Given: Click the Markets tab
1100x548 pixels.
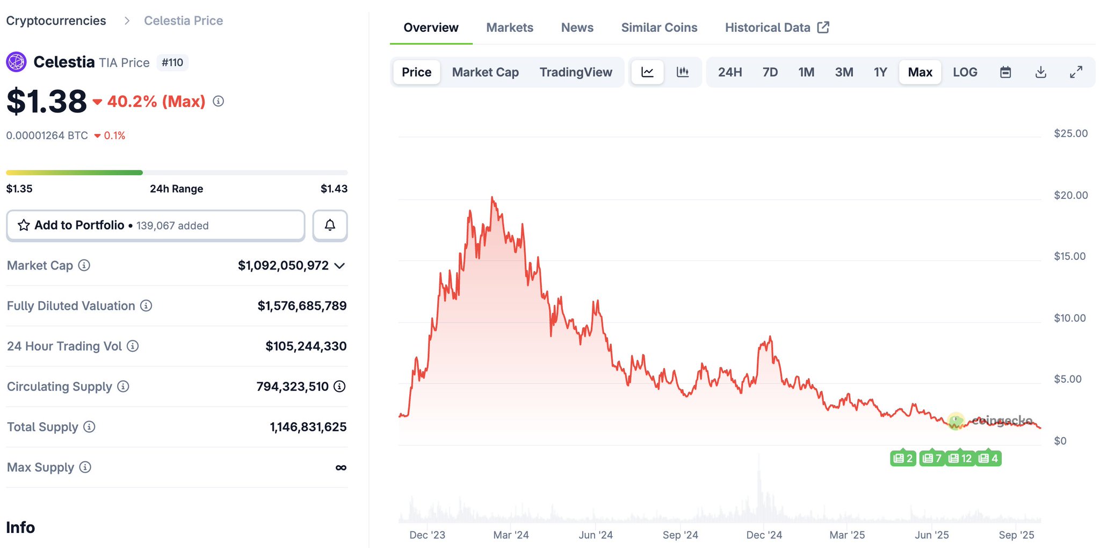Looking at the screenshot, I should tap(509, 27).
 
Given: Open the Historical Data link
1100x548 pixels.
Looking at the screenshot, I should tap(777, 27).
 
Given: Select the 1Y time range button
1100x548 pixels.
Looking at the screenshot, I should tap(880, 72).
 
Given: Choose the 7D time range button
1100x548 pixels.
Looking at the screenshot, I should tap(770, 72).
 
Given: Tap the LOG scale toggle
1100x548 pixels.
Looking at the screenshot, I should tap(965, 72).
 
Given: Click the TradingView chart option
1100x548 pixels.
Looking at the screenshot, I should tap(575, 72).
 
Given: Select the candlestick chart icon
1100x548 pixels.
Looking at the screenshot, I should tap(683, 72).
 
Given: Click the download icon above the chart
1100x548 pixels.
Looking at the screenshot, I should tap(1040, 72).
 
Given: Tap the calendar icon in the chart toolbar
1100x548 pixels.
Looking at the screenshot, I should tap(1005, 72).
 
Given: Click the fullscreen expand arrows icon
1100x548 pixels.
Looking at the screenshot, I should tap(1076, 72).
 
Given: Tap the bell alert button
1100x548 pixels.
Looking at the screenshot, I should tap(330, 225).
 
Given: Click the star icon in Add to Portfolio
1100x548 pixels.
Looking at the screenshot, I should tap(24, 225).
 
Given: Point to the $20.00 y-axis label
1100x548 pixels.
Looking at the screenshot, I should tap(1070, 195).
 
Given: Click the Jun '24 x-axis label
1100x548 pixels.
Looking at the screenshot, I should tap(595, 535).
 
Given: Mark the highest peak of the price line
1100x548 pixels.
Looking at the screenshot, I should tap(492, 198).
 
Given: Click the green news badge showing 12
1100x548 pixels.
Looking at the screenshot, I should tap(960, 458).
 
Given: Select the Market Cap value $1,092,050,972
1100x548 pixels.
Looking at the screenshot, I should tap(283, 266).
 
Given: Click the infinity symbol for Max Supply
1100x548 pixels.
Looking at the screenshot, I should tap(341, 468).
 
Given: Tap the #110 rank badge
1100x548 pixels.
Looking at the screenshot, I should tap(172, 63).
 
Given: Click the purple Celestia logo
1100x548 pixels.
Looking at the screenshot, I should tap(16, 62).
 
